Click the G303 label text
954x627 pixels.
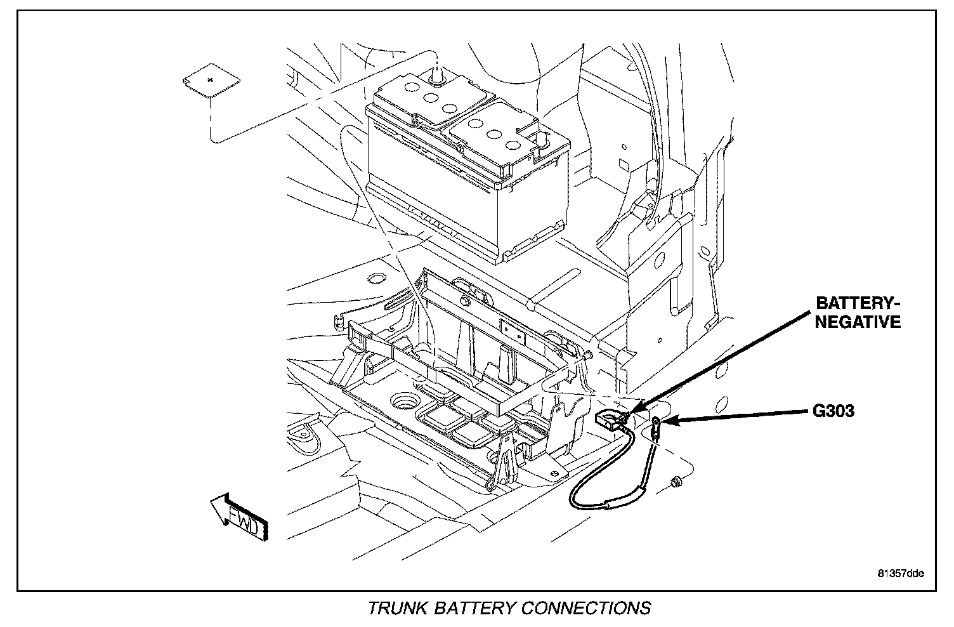833,411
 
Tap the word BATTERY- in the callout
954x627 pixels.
857,303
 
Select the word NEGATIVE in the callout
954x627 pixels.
858,322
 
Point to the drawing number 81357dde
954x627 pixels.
900,574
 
